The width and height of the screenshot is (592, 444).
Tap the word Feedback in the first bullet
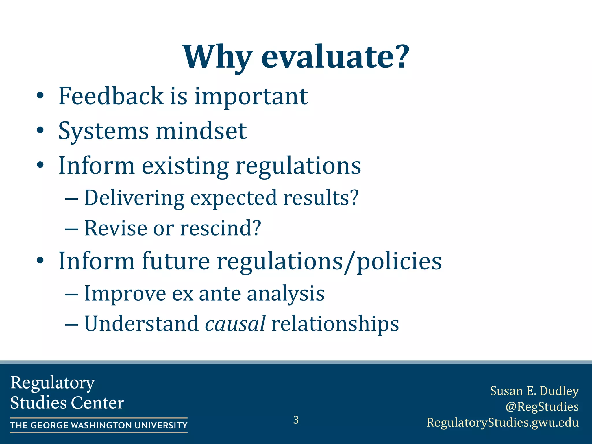pyautogui.click(x=111, y=96)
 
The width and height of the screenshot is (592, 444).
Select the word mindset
pyautogui.click(x=201, y=131)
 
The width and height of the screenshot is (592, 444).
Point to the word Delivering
pyautogui.click(x=134, y=198)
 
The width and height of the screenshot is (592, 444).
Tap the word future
pyautogui.click(x=175, y=261)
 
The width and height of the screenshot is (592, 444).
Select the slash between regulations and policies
pyautogui.click(x=349, y=262)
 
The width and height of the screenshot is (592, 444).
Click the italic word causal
pyautogui.click(x=235, y=324)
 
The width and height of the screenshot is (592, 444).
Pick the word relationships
pyautogui.click(x=335, y=324)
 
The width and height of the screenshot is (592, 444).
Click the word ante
pyautogui.click(x=220, y=294)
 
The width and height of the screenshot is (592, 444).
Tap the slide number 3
pyautogui.click(x=296, y=420)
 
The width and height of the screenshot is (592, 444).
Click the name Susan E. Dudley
pyautogui.click(x=534, y=391)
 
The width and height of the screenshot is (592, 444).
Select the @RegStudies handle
pyautogui.click(x=542, y=407)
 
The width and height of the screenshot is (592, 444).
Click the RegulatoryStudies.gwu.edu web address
pyautogui.click(x=502, y=423)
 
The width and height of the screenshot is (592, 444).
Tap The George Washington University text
pyautogui.click(x=99, y=425)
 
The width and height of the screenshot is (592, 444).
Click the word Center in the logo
pyautogui.click(x=97, y=403)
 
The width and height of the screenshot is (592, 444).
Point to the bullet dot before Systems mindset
pyautogui.click(x=40, y=131)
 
